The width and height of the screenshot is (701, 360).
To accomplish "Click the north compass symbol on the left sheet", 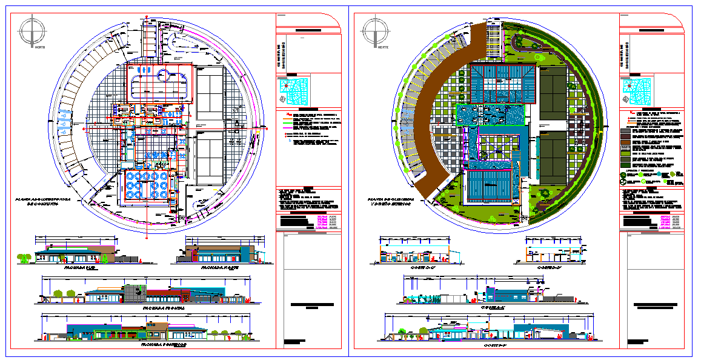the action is click(32, 32).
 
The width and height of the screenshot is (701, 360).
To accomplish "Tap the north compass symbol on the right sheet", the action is click(374, 32).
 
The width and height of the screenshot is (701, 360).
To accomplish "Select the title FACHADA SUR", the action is click(81, 267).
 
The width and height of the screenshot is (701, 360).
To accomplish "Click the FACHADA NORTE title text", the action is click(219, 267).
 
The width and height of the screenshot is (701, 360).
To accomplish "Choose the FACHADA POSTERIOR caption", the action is click(163, 345).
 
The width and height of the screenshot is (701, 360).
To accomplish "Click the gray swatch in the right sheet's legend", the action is click(625, 130).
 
